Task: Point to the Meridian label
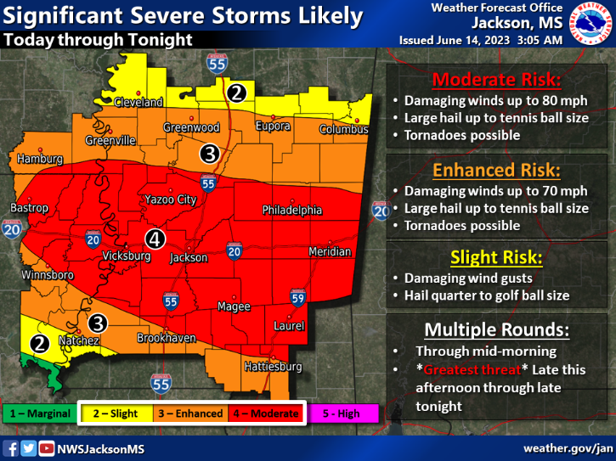[x=330, y=251]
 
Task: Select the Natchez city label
[x=79, y=340]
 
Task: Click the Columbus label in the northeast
[x=343, y=130]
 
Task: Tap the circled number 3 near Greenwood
[x=209, y=154]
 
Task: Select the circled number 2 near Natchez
[x=39, y=343]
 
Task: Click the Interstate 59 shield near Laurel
[x=297, y=297]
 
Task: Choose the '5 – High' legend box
[x=343, y=413]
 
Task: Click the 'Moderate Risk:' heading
[x=496, y=81]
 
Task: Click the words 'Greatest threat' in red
[x=461, y=370]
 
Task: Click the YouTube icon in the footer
[x=46, y=447]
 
